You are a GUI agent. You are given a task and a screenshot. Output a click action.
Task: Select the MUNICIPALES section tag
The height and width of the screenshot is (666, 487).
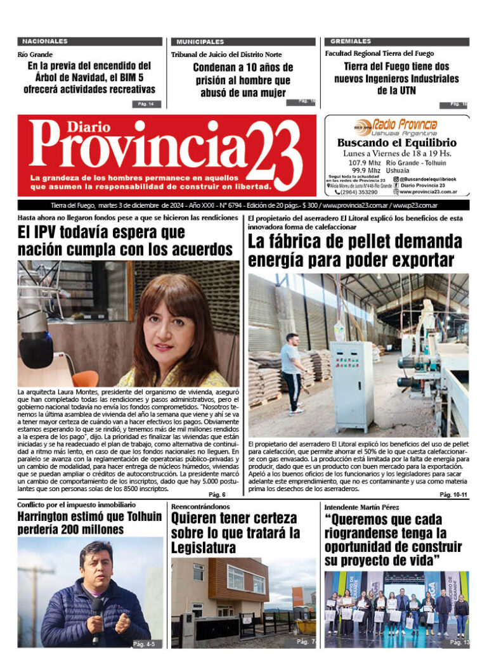(200, 41)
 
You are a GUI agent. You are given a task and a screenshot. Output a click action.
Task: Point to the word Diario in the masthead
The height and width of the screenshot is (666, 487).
(70, 126)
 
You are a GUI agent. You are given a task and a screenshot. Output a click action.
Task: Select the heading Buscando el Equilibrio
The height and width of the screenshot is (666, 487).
(396, 143)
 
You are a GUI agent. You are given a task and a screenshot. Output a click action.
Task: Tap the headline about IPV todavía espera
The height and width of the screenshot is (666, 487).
(126, 241)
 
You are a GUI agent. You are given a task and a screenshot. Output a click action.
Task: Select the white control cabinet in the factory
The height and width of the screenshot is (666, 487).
(351, 377)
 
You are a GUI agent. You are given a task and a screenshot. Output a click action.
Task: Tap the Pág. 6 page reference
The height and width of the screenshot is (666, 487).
(217, 494)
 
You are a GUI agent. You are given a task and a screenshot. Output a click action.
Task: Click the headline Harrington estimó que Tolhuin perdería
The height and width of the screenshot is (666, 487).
(89, 523)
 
